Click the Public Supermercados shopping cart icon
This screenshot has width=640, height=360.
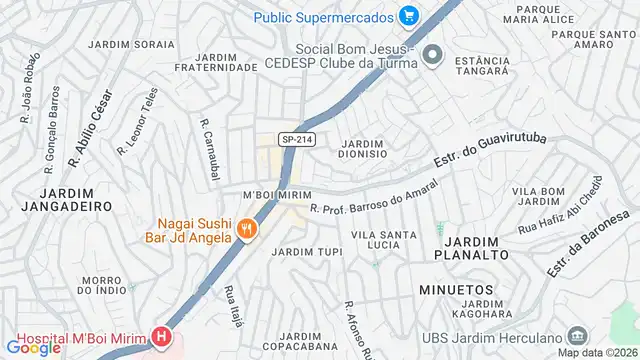[x=408, y=16]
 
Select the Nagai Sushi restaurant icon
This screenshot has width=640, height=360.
[x=247, y=230]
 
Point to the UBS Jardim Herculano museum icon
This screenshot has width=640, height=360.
[x=576, y=335]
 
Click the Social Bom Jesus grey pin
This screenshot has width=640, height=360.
[x=432, y=54]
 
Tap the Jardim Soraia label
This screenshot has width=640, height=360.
[x=130, y=45]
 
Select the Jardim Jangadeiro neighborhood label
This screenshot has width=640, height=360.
[x=69, y=198]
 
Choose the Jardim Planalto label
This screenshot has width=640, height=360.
[x=470, y=248]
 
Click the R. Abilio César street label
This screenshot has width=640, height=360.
[x=90, y=128]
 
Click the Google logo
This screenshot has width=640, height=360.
[x=33, y=347]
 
